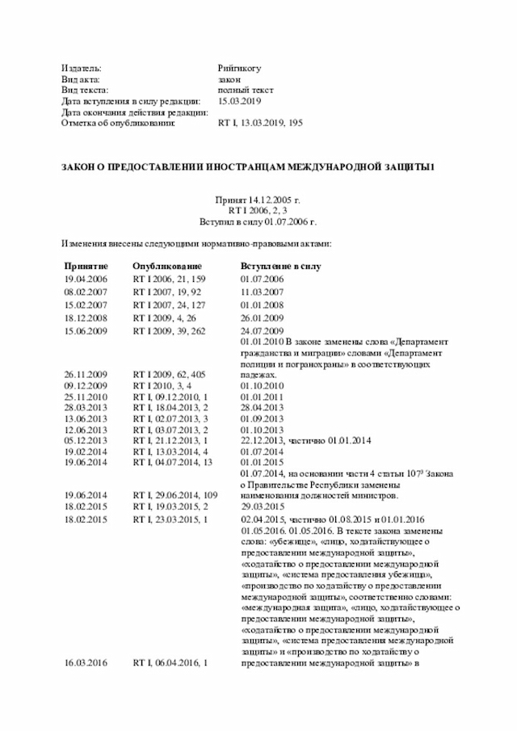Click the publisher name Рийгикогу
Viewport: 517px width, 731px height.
[x=239, y=68]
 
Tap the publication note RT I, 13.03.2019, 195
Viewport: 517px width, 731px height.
[x=260, y=124]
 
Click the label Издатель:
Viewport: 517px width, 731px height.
[x=82, y=68]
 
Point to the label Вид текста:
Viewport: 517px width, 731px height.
[x=86, y=90]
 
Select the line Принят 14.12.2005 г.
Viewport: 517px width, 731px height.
[x=258, y=199]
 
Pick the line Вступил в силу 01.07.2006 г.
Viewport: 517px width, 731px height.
[x=258, y=221]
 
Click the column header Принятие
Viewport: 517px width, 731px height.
[x=86, y=266]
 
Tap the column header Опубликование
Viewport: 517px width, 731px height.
[x=167, y=266]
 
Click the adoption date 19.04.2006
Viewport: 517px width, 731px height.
[x=86, y=279]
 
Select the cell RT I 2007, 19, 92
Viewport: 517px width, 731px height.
[x=167, y=292]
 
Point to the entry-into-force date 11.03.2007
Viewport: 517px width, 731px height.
[x=262, y=292]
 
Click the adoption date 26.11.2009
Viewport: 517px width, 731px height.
[x=86, y=375]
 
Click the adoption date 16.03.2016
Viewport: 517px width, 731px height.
[x=86, y=662]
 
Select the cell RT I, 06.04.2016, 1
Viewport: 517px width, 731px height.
[x=170, y=662]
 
